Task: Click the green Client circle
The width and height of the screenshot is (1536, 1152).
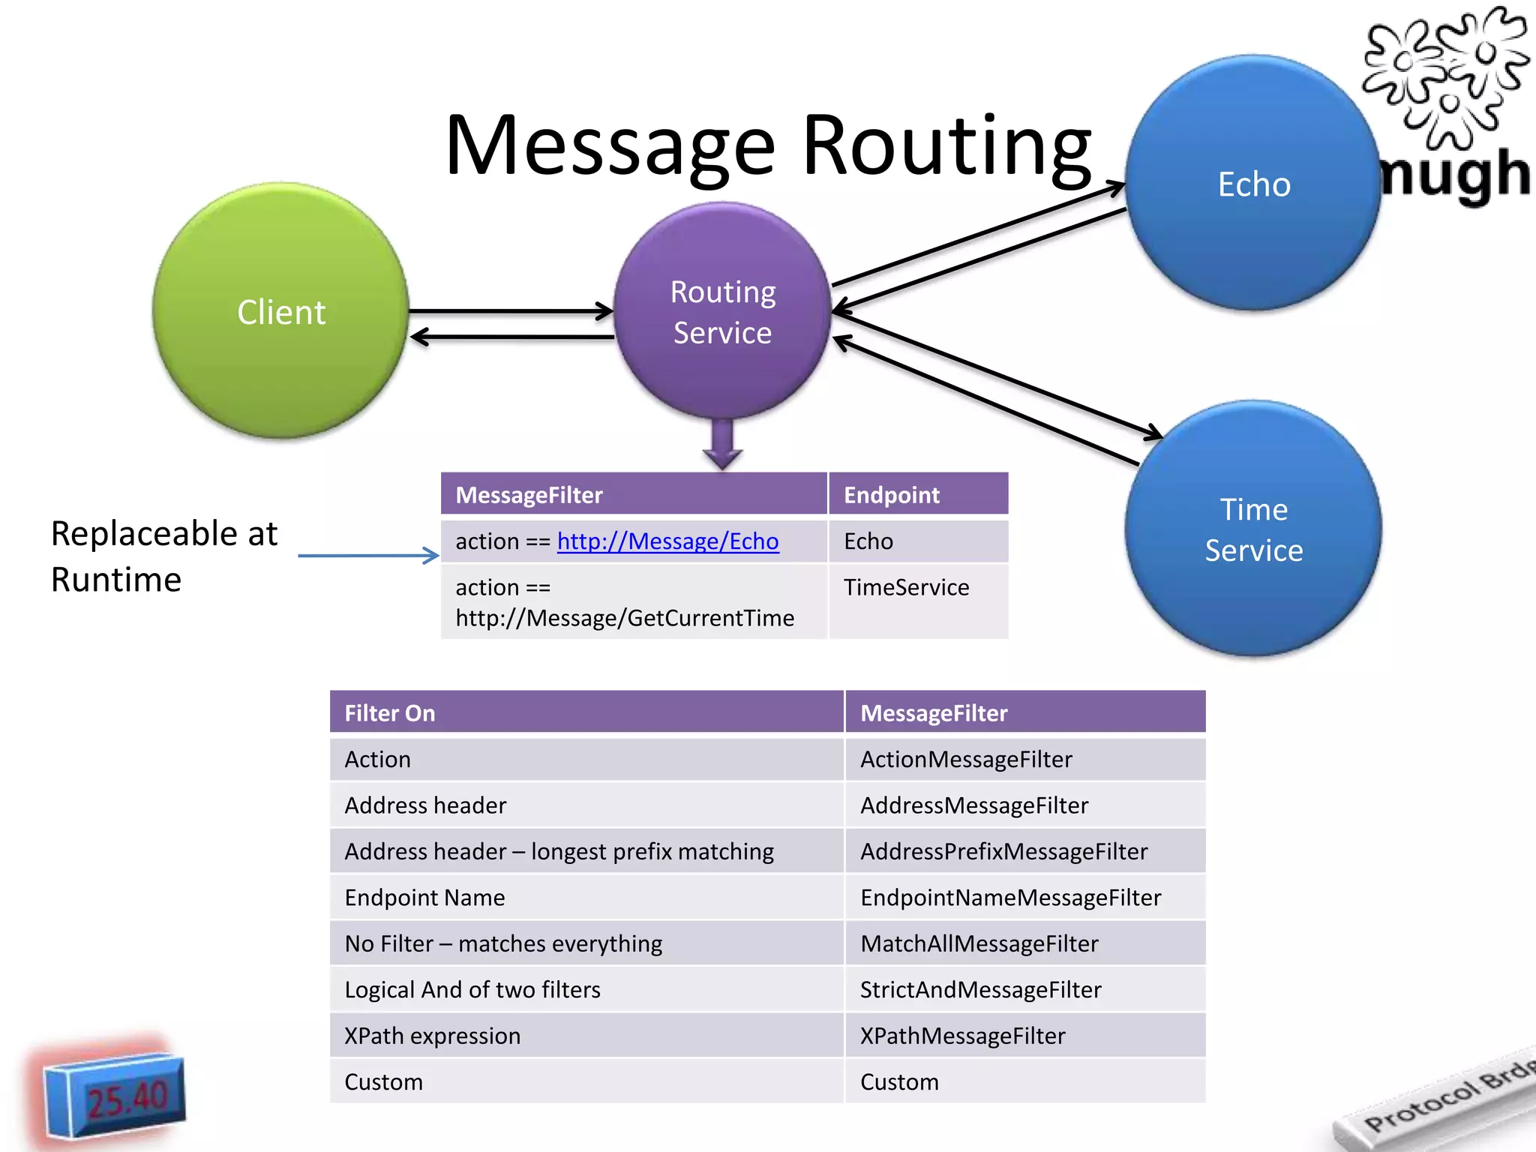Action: (x=280, y=310)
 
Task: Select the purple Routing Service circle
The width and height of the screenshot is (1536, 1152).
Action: (x=722, y=311)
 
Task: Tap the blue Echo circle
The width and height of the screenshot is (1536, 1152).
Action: (x=1253, y=184)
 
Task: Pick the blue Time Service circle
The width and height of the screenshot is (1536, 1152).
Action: (x=1253, y=529)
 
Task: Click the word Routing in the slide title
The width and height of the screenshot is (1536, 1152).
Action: (x=946, y=146)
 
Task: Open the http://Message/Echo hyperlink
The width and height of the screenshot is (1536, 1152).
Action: (x=667, y=541)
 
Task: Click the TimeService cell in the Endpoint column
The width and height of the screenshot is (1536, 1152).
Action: (x=906, y=587)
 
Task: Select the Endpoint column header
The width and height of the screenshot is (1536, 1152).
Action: (x=891, y=495)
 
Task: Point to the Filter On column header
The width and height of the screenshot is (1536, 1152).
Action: (x=389, y=712)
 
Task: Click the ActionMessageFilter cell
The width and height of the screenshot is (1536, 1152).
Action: (x=966, y=759)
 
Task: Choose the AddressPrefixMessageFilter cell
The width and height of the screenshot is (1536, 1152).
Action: (x=1003, y=851)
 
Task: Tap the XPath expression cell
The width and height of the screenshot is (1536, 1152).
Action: (x=432, y=1036)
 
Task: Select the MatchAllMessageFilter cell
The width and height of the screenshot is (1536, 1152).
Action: (x=979, y=943)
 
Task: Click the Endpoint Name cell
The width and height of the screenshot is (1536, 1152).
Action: (x=424, y=898)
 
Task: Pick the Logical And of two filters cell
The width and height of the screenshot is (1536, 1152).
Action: (x=472, y=990)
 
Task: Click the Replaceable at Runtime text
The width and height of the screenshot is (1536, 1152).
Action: (x=163, y=556)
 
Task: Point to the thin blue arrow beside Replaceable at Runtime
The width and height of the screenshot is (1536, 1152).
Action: (x=367, y=556)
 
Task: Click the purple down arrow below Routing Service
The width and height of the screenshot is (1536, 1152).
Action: (x=722, y=445)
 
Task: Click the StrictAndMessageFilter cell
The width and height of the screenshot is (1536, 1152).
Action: (x=980, y=990)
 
